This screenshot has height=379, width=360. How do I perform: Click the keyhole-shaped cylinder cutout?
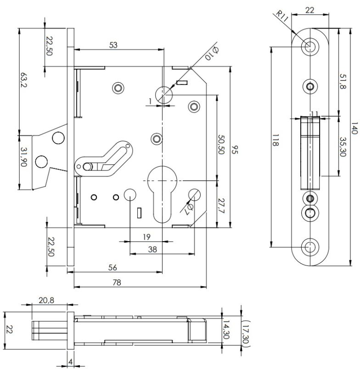click(x=162, y=188)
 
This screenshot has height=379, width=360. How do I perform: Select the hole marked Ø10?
click(x=163, y=95)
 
